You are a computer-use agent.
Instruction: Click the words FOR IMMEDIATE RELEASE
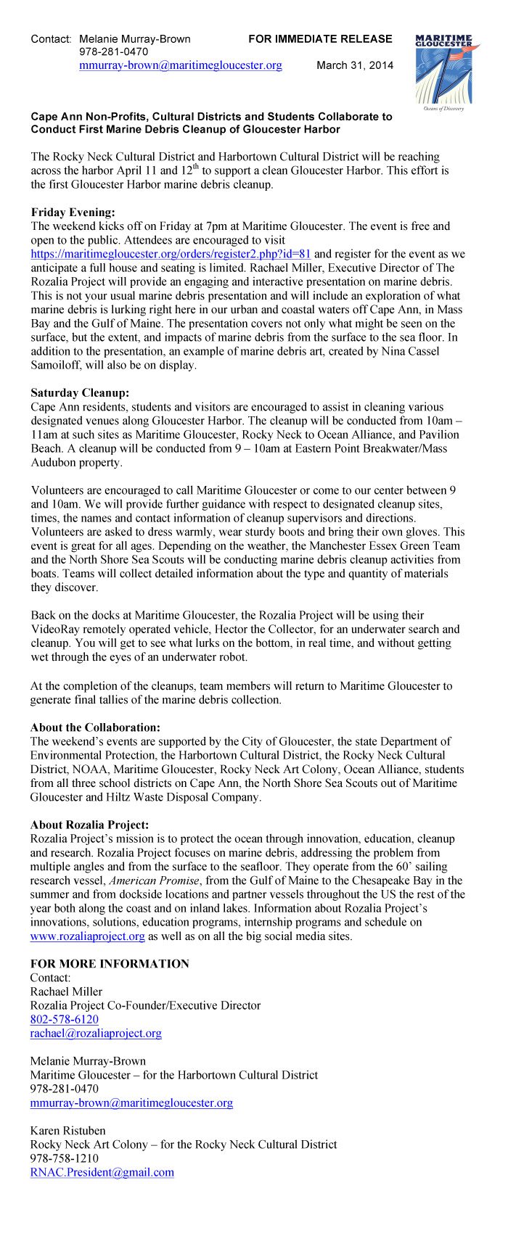point(319,39)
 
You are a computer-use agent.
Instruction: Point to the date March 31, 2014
point(355,66)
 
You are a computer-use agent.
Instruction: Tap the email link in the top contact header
point(180,66)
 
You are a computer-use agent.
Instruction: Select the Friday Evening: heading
point(73,212)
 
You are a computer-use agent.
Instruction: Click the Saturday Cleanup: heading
point(80,392)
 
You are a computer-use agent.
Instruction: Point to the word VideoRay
point(57,629)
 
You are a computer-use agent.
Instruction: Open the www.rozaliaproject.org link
point(87,936)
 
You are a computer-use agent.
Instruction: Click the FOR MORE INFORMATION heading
point(110,964)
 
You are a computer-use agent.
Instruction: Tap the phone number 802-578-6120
point(64,1019)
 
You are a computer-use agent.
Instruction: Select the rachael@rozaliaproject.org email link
point(96,1033)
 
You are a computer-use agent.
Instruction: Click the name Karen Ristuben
point(67,1131)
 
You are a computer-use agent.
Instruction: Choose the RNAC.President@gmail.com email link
point(102,1172)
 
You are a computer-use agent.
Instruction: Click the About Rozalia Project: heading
point(89,825)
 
